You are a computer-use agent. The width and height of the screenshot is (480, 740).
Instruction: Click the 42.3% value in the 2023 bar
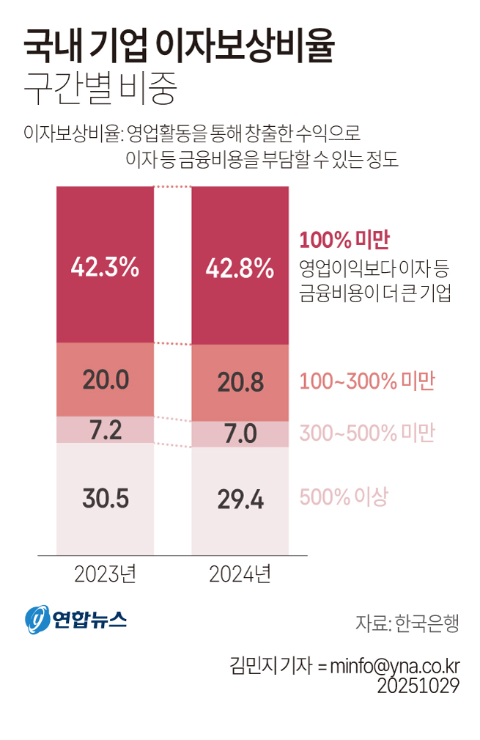tap(105, 267)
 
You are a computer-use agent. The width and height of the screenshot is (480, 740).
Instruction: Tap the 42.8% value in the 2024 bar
tap(240, 268)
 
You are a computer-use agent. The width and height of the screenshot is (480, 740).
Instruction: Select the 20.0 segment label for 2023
tap(106, 379)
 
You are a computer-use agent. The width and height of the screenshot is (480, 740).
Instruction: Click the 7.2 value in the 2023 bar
tap(106, 430)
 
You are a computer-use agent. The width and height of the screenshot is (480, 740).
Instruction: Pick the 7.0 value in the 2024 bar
tap(240, 434)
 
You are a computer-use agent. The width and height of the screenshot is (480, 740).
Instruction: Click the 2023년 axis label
tap(106, 574)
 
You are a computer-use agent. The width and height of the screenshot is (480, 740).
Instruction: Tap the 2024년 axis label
tap(240, 574)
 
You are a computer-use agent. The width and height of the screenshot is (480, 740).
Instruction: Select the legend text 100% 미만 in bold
tap(344, 241)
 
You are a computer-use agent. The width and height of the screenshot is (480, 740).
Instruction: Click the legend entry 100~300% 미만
tap(367, 381)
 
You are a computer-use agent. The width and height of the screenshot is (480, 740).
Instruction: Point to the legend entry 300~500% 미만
tap(367, 433)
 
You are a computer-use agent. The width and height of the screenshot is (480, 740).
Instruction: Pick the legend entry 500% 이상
tap(343, 497)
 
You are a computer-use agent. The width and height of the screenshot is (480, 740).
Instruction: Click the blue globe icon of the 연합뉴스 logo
tap(37, 620)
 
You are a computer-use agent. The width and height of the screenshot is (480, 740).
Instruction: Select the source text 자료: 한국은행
tap(407, 623)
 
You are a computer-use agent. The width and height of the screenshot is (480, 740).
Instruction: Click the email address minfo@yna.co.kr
tap(394, 666)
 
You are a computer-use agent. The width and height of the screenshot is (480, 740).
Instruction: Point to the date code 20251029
tap(418, 686)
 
